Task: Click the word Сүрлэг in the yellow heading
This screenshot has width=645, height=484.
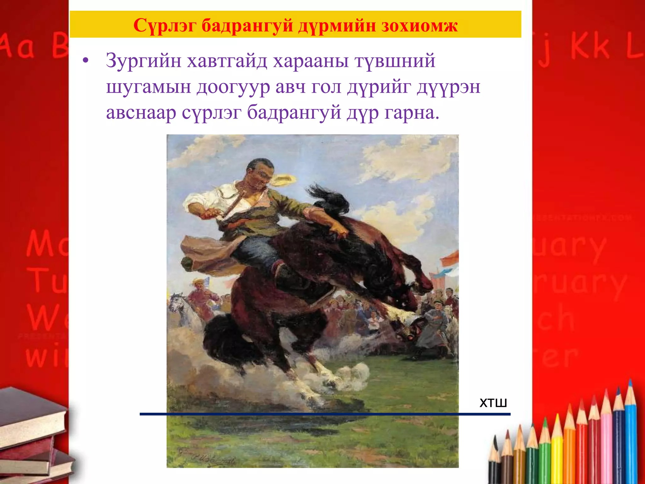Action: [165, 25]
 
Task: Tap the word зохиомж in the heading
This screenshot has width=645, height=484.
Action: [420, 25]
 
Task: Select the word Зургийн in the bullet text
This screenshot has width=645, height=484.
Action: [144, 61]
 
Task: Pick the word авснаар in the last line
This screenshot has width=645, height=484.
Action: [141, 112]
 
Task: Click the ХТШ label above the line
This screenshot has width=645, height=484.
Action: [493, 403]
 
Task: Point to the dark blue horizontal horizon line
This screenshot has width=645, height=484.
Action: [324, 414]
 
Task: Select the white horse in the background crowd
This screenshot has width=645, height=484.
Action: [183, 309]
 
